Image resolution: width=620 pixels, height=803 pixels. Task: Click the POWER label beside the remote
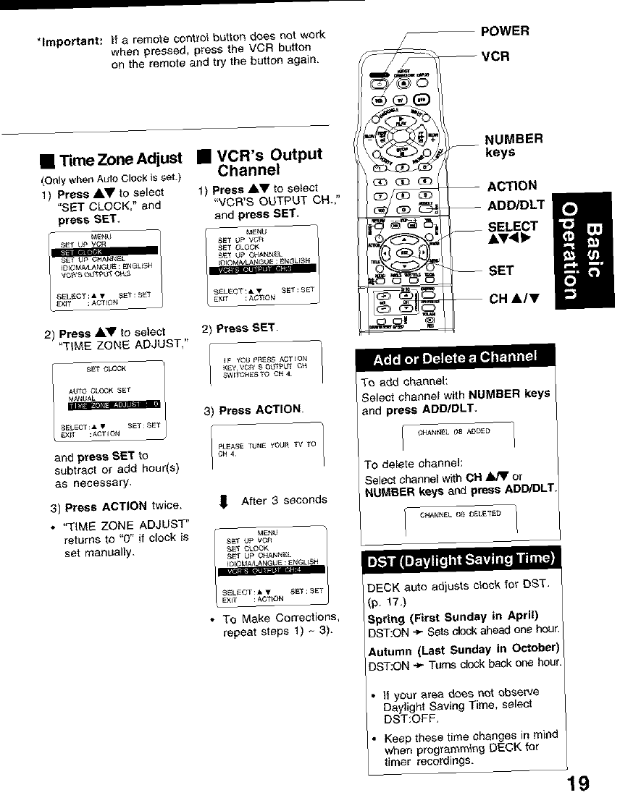pyautogui.click(x=505, y=31)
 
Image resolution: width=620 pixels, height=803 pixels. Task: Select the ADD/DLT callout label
pyautogui.click(x=515, y=205)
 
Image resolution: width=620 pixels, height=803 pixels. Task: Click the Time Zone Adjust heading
pyautogui.click(x=114, y=160)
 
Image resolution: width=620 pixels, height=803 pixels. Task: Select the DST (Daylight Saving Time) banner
pyautogui.click(x=461, y=560)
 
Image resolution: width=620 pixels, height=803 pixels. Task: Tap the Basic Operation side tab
pyautogui.click(x=583, y=250)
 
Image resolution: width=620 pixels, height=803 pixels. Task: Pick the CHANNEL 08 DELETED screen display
pyautogui.click(x=460, y=515)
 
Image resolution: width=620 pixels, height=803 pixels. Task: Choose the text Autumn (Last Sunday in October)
pyautogui.click(x=464, y=647)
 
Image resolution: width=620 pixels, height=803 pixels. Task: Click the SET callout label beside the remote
pyautogui.click(x=501, y=271)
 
